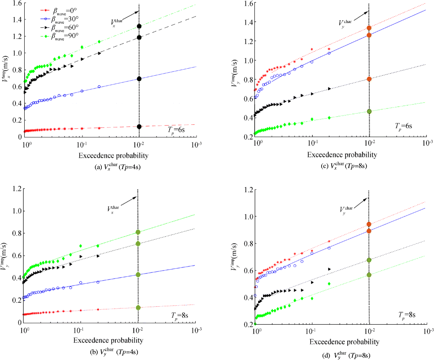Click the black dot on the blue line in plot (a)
pos(139,79)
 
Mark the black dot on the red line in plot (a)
pos(139,127)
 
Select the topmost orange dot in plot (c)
pos(369,28)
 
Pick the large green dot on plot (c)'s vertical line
pos(369,111)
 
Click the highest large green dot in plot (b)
pos(138,232)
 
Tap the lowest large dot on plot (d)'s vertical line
pos(369,275)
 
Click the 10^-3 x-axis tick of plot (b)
pos(197,330)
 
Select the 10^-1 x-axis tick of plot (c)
pos(312,144)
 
